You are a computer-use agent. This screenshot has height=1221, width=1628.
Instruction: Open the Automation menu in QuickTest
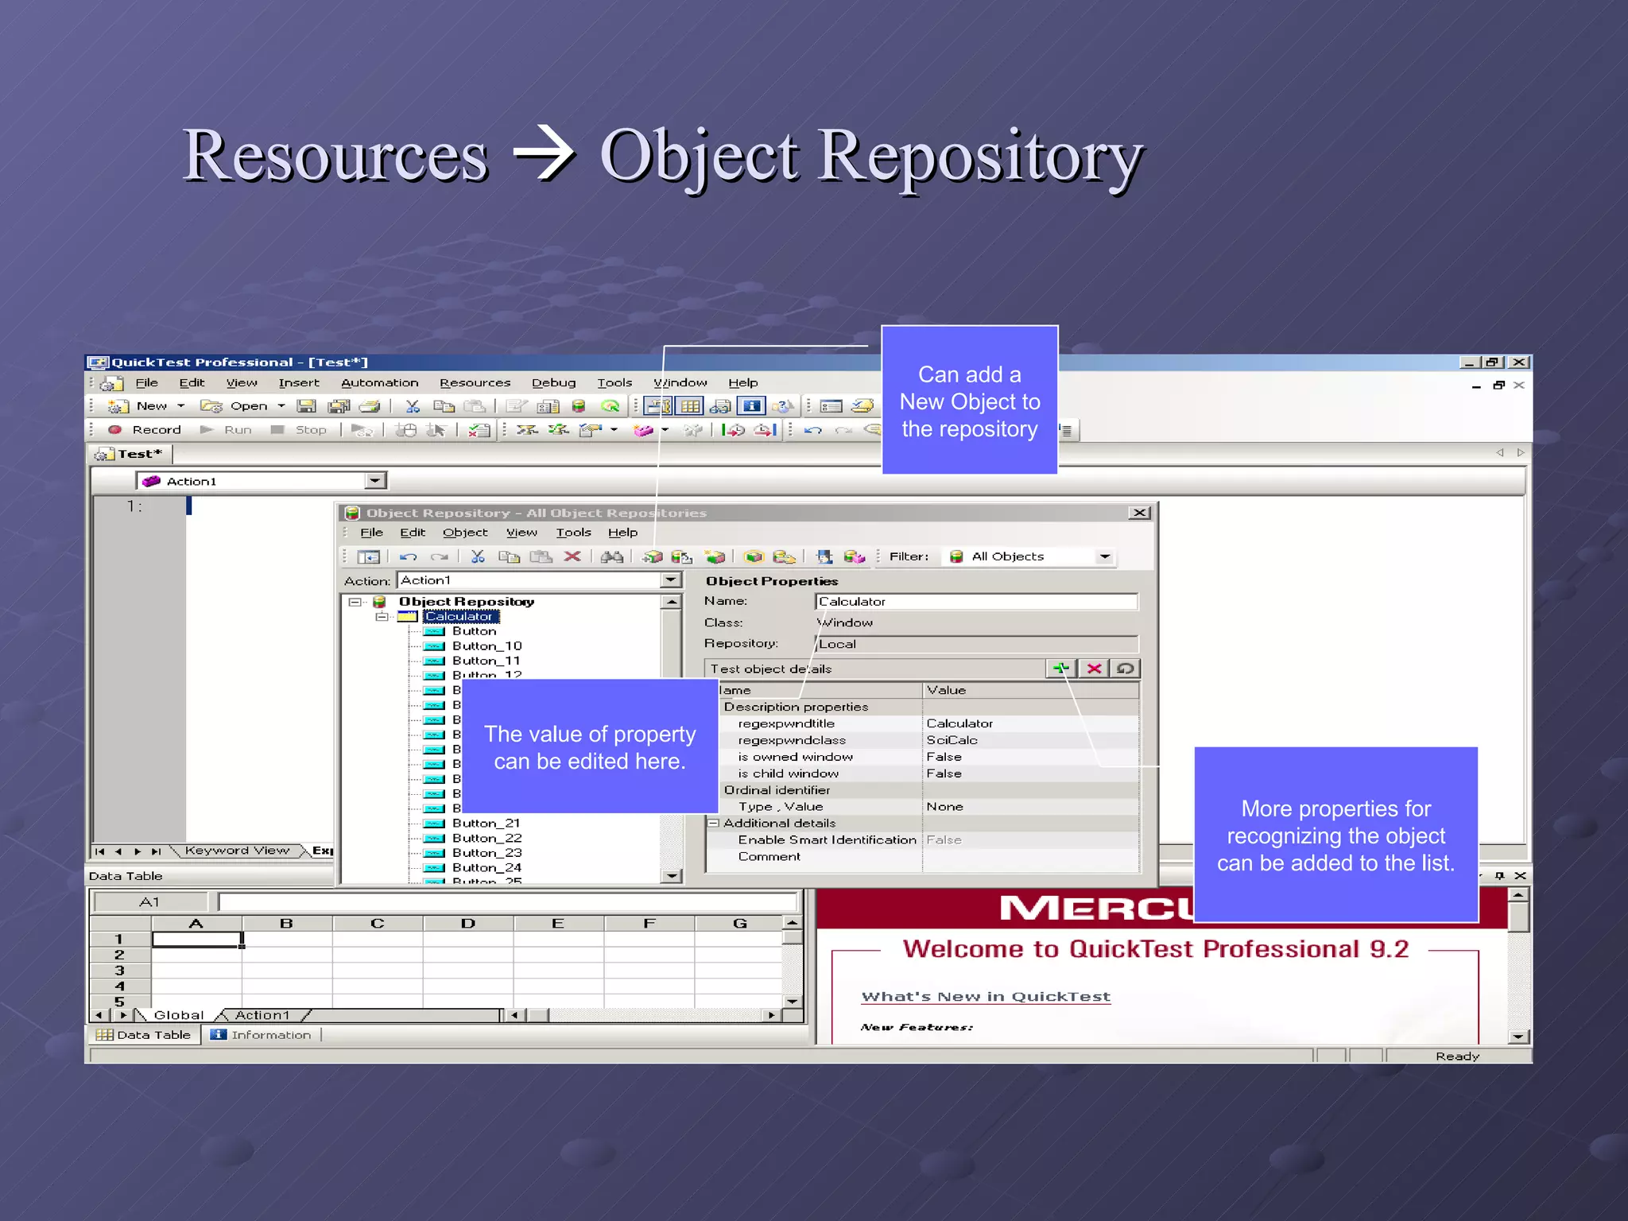click(x=379, y=383)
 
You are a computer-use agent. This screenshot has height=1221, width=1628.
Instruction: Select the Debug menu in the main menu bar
click(x=553, y=383)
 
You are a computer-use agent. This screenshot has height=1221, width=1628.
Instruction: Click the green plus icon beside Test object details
click(x=1060, y=669)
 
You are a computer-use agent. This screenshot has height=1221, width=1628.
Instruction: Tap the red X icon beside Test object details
click(x=1094, y=669)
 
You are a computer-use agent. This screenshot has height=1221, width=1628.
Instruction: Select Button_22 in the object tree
click(x=486, y=839)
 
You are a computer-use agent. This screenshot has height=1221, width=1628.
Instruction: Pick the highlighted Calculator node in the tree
click(x=459, y=617)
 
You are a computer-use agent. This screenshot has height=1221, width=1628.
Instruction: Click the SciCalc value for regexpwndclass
click(x=952, y=740)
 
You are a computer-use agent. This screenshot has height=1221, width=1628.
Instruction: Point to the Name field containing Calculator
click(x=975, y=602)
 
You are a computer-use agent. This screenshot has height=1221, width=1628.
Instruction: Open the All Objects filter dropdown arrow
click(x=1105, y=557)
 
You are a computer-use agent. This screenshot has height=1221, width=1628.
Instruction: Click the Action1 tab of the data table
click(x=262, y=1015)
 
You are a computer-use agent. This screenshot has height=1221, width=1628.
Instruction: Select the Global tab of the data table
click(x=178, y=1015)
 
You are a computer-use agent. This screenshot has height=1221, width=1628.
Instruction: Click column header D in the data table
click(x=467, y=924)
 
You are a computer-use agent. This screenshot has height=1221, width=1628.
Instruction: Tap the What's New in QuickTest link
click(x=986, y=997)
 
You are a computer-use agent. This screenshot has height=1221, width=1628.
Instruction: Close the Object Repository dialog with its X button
click(x=1139, y=514)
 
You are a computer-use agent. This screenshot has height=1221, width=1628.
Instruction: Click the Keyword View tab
click(x=237, y=851)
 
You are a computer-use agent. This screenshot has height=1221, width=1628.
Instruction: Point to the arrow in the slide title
click(x=544, y=154)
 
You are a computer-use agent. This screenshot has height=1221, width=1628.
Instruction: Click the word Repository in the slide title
click(x=980, y=156)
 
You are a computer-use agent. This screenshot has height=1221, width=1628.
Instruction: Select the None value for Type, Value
click(x=944, y=807)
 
